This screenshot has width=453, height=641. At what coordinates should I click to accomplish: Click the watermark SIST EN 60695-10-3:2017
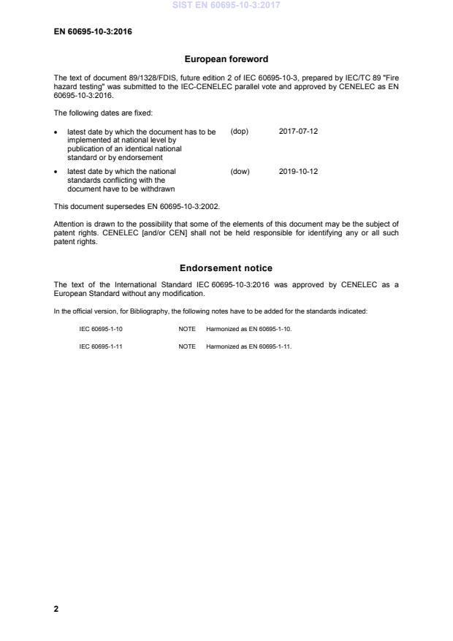pos(226,6)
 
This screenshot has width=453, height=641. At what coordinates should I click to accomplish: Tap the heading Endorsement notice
pos(226,268)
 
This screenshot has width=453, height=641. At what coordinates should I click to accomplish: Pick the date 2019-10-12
pos(298,172)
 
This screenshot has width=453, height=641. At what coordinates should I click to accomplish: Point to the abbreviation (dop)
pos(240,132)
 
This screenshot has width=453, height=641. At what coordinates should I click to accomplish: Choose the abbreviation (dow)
pos(240,172)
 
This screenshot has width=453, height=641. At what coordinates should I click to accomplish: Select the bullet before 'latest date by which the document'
pos(57,132)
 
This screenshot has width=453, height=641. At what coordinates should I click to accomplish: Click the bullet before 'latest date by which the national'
pos(57,172)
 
